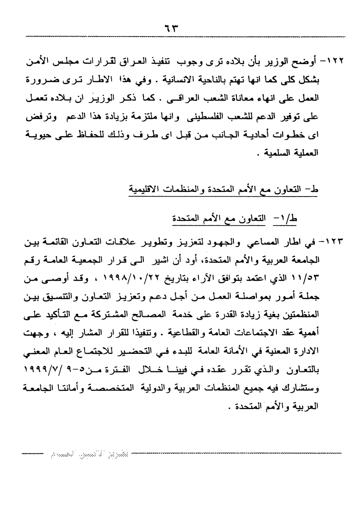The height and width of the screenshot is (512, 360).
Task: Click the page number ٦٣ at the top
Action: pyautogui.click(x=180, y=27)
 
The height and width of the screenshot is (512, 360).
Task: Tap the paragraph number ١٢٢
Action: pyautogui.click(x=338, y=62)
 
